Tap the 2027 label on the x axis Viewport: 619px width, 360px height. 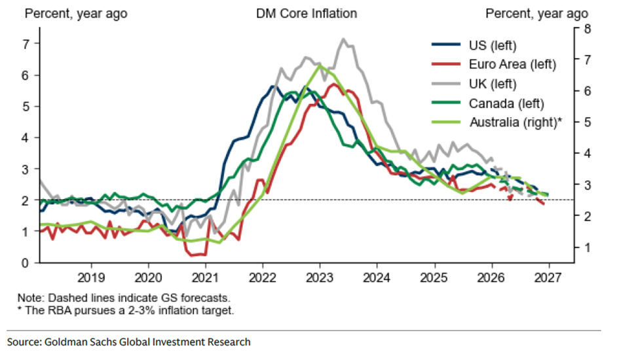click(548, 276)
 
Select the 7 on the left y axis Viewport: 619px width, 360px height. click(27, 44)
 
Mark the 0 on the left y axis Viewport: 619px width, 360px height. click(27, 262)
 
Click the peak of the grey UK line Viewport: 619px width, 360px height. click(343, 39)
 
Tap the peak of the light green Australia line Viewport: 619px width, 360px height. click(319, 65)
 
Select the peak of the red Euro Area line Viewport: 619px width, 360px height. click(334, 84)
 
